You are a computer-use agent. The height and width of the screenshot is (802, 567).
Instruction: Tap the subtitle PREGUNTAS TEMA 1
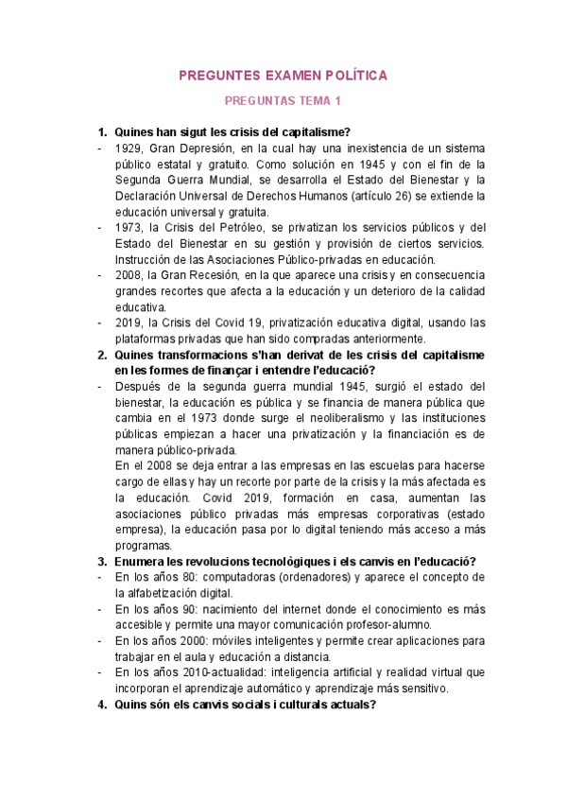coord(283,100)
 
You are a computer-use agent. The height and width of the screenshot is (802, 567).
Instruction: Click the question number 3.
coord(102,561)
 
